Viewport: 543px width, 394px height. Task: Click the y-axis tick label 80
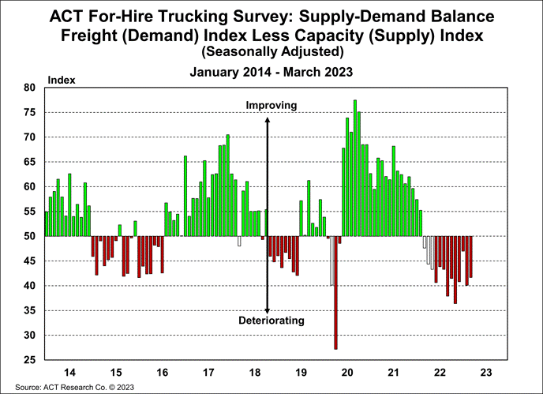(29, 88)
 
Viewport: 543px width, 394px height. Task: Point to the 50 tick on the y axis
(29, 236)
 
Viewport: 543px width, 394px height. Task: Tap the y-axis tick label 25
(29, 360)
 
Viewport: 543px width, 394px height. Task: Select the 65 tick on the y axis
(29, 162)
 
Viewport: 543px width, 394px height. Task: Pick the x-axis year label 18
(255, 372)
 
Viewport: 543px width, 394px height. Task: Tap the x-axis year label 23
(487, 372)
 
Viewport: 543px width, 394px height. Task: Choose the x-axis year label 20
(348, 372)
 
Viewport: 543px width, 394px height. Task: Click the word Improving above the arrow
(271, 105)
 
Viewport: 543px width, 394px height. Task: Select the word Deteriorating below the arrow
(271, 321)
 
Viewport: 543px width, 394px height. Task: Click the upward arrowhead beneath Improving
(268, 120)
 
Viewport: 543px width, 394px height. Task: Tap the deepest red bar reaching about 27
(335, 292)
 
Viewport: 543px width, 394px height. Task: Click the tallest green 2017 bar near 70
(227, 186)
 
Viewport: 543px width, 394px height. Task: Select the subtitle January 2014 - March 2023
(271, 70)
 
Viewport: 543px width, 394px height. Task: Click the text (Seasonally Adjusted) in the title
(271, 51)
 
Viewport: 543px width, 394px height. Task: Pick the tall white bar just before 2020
(331, 261)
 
